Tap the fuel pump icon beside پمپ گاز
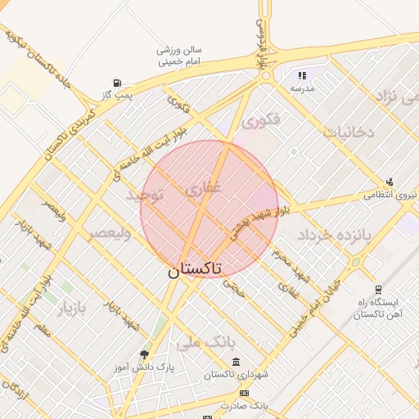click(118, 83)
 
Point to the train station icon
click(378, 289)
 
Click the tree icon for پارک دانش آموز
click(145, 354)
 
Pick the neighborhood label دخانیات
click(348, 132)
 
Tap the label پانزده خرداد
click(333, 235)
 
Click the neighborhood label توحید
click(146, 196)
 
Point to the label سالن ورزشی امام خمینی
click(179, 55)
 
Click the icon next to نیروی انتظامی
click(390, 182)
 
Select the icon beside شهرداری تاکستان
click(236, 362)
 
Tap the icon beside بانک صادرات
click(243, 393)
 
